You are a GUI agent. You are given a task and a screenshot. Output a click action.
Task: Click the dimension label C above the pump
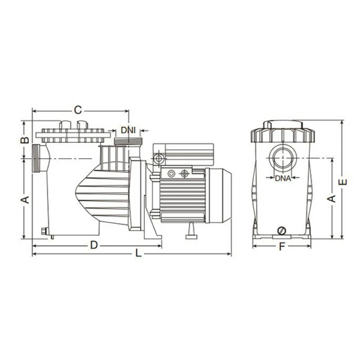coord(78,110)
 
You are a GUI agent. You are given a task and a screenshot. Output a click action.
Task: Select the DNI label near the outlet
coord(128,130)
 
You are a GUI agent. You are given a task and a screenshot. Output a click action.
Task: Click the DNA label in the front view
coord(283,178)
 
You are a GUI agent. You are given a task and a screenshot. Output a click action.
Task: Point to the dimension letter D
coord(94,245)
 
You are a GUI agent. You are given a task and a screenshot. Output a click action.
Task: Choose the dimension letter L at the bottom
coord(138,253)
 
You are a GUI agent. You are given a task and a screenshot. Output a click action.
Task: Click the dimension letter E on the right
coord(343,182)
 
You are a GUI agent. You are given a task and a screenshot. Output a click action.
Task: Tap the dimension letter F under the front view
coord(282,247)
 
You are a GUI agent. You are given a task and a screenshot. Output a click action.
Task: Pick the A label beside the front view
coord(332,198)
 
